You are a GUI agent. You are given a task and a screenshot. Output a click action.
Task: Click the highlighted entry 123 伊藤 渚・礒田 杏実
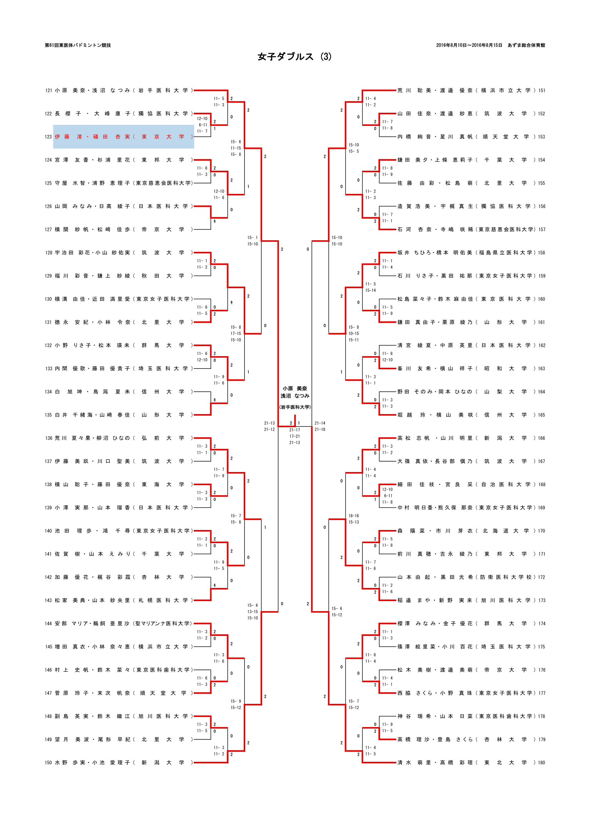123,137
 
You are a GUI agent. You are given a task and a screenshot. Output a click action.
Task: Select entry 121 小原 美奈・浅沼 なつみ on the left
120,91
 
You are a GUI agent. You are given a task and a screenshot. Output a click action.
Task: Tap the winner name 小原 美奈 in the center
295,389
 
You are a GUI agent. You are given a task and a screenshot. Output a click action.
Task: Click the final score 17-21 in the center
295,436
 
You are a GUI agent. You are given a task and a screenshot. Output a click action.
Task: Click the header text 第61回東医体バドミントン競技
78,45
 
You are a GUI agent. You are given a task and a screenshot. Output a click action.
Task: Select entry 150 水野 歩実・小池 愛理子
120,763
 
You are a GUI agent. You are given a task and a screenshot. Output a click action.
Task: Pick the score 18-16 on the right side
353,516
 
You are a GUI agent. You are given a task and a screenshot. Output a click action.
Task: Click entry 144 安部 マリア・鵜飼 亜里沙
120,624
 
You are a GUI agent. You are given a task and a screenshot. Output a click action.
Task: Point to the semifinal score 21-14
320,423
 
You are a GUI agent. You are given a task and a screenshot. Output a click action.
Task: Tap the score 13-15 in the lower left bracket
252,612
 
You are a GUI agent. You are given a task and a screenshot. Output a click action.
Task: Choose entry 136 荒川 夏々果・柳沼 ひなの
120,438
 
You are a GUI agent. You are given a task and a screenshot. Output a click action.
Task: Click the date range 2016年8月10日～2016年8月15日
469,45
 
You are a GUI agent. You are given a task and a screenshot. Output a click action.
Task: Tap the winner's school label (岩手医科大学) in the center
295,407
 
